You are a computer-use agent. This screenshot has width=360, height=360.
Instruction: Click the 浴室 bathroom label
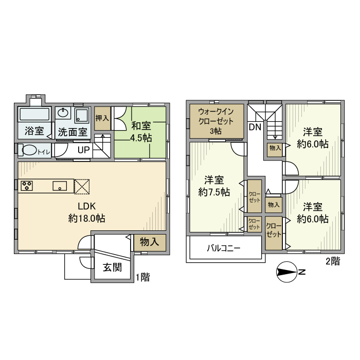34,131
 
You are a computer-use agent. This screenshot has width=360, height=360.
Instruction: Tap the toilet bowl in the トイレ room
28,150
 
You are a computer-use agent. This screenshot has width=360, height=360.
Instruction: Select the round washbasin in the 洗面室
63,113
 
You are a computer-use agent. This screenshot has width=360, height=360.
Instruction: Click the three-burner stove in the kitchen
27,186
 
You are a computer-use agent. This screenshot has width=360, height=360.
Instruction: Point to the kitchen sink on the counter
60,186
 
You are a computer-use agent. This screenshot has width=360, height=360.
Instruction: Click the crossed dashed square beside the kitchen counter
82,187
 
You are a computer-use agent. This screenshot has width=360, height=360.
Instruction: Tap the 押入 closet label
102,118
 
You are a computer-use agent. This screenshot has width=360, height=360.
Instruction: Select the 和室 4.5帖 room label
141,132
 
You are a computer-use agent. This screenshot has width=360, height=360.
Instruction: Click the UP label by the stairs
83,150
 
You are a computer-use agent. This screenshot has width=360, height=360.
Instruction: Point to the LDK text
86,206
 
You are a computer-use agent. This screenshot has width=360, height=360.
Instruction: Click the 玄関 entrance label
112,267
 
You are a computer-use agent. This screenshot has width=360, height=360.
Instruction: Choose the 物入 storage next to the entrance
150,242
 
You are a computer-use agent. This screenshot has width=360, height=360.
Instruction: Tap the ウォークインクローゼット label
216,116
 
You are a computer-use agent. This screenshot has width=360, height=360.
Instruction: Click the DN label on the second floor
255,127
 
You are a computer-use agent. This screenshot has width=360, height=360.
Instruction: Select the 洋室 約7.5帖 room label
214,186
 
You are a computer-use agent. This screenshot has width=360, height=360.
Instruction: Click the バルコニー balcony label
224,248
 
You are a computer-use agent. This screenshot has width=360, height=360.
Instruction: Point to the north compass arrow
288,272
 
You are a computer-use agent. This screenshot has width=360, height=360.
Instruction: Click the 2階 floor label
333,261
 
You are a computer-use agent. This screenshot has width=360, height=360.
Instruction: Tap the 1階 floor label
143,277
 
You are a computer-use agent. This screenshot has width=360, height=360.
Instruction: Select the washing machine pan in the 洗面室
82,115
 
